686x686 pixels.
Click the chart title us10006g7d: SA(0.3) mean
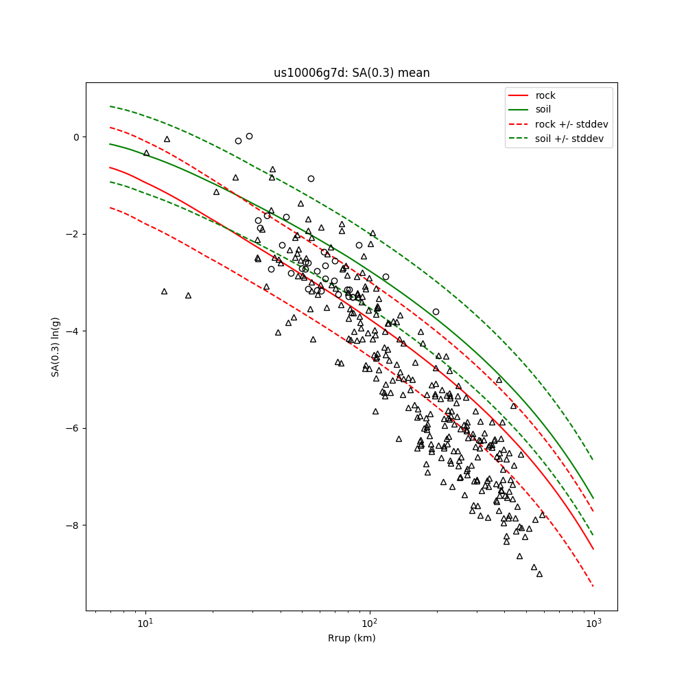351,73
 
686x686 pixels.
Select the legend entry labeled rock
545,95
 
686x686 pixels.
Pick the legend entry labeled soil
543,109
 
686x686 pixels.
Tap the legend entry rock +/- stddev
571,124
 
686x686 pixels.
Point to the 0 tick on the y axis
75,137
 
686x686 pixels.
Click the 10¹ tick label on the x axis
145,623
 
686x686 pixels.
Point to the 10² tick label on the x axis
369,623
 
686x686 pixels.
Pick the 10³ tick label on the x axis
593,623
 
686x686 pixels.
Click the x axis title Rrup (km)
351,638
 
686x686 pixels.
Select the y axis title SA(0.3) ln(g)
56,346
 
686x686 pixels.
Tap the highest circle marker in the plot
249,136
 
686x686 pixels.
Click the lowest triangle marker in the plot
539,573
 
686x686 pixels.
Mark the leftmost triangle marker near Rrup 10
146,153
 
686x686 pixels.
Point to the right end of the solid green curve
593,499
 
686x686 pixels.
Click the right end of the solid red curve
593,549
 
